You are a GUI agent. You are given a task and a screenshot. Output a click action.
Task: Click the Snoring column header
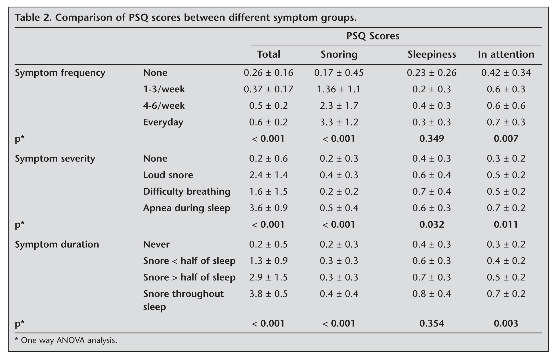(x=339, y=54)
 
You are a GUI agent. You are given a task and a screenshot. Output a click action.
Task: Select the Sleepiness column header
(x=432, y=54)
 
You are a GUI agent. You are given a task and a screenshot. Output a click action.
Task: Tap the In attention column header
(x=506, y=54)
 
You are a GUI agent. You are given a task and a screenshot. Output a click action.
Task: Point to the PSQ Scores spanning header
(x=373, y=36)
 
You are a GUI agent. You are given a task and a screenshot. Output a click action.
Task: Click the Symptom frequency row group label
(x=60, y=73)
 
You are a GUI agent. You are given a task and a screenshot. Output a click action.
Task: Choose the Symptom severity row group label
(x=55, y=159)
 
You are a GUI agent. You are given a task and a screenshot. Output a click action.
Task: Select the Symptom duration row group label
(x=57, y=244)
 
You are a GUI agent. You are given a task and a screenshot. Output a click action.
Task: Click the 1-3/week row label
(x=164, y=89)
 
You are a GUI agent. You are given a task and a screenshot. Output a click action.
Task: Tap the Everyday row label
(x=163, y=122)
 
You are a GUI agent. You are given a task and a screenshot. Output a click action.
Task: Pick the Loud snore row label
(x=168, y=175)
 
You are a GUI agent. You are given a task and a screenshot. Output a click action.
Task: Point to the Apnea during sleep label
(x=186, y=208)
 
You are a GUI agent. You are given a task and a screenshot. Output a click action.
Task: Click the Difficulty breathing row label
(x=186, y=192)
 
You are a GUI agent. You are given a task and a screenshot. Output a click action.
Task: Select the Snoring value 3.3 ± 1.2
(x=339, y=122)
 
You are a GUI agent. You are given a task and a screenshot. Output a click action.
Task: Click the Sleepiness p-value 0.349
(x=432, y=139)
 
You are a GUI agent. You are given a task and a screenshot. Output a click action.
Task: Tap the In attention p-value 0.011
(x=506, y=224)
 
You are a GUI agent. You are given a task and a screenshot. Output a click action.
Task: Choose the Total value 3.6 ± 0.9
(x=268, y=208)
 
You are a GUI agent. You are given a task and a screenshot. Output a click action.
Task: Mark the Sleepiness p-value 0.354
(x=432, y=323)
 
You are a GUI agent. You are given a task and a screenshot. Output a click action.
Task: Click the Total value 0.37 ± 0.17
(x=268, y=89)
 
